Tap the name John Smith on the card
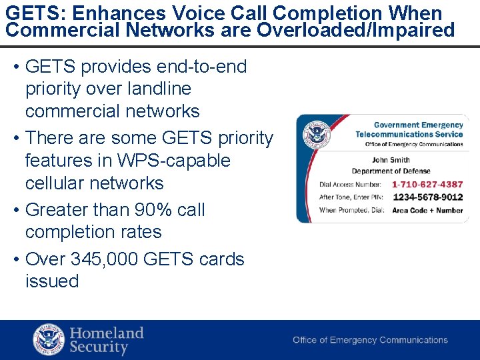click(390, 160)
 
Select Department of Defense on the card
click(391, 171)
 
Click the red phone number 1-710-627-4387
click(427, 185)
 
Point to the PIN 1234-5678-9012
click(427, 197)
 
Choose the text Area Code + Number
click(427, 211)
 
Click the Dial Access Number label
click(350, 185)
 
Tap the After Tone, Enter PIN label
click(350, 197)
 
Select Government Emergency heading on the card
click(418, 125)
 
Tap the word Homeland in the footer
click(107, 333)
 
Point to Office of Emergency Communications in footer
click(370, 340)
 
